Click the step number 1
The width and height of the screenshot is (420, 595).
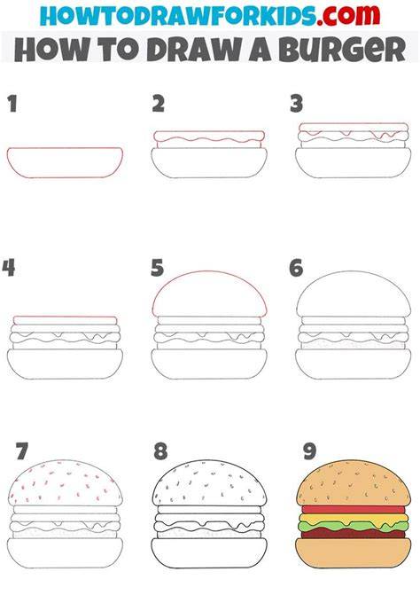point(12,104)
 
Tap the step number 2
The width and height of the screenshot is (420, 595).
point(159,104)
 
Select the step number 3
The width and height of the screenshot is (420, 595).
point(297,104)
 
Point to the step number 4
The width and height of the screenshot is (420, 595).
point(9,268)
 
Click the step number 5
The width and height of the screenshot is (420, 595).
point(158,268)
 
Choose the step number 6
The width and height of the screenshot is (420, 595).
point(296,268)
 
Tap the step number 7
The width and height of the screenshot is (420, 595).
point(22,451)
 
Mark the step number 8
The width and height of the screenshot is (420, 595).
point(160,451)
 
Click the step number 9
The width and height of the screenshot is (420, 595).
point(310,451)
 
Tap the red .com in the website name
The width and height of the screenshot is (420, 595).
point(348,15)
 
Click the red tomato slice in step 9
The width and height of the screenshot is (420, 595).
point(353,509)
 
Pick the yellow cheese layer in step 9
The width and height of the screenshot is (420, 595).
point(353,519)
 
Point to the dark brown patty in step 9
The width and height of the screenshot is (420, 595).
point(353,533)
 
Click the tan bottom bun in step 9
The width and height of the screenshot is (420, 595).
point(353,552)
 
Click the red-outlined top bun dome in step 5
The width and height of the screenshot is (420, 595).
point(209,271)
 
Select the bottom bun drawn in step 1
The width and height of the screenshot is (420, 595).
point(65,162)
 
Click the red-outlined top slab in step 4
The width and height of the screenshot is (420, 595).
point(65,321)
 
